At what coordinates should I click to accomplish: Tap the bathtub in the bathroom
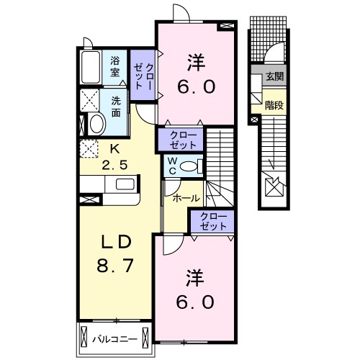(x=91, y=69)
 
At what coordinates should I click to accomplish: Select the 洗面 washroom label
(x=115, y=107)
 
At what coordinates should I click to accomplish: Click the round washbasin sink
(x=96, y=124)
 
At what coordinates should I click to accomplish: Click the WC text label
(x=173, y=166)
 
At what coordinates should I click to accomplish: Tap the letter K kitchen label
(x=113, y=149)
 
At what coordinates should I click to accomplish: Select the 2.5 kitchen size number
(x=114, y=164)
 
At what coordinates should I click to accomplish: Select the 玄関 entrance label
(x=274, y=76)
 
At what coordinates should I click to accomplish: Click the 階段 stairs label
(x=274, y=104)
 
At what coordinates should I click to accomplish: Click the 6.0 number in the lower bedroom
(x=194, y=302)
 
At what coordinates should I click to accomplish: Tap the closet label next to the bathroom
(x=143, y=72)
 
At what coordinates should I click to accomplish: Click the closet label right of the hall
(x=211, y=221)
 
